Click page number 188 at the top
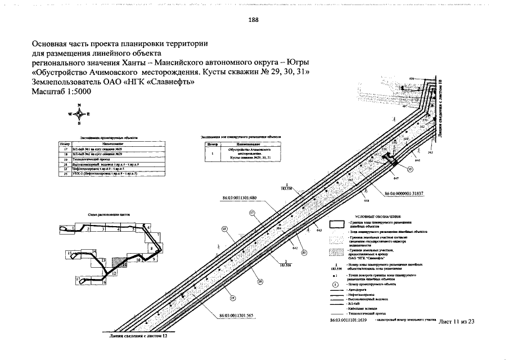(x=253, y=20)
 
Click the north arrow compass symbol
(x=79, y=114)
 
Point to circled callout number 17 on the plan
(x=253, y=213)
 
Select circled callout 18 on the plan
(x=224, y=229)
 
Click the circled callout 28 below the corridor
(x=260, y=282)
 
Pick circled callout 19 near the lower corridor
(x=232, y=298)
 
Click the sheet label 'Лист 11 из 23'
(x=456, y=321)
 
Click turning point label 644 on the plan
(x=366, y=200)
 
